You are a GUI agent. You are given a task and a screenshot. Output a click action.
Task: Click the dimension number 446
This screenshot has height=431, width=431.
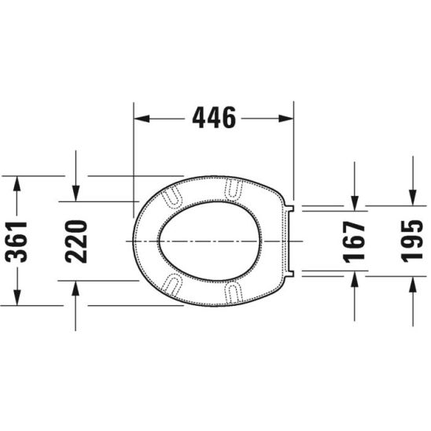click(214, 118)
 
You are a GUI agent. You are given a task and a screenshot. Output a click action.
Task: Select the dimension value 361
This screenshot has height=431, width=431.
click(17, 241)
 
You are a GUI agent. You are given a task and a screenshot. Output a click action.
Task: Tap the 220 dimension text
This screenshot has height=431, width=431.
click(76, 241)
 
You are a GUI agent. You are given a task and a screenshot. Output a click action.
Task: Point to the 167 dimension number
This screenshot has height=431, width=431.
click(355, 241)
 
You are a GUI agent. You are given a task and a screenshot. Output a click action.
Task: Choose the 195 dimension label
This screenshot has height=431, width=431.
click(412, 241)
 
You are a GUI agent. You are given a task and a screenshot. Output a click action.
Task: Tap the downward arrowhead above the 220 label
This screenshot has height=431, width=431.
click(76, 193)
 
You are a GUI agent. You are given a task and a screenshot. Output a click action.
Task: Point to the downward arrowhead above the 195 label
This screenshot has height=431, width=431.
click(412, 198)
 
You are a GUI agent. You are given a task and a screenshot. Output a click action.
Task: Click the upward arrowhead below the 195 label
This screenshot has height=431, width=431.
click(412, 284)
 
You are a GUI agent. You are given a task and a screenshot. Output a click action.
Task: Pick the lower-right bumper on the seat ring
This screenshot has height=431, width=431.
click(234, 291)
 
